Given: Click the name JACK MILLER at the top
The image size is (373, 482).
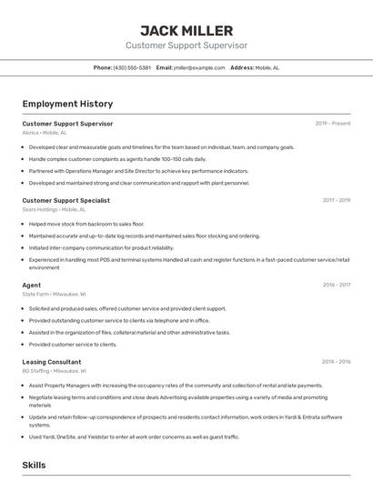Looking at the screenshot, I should [x=186, y=30].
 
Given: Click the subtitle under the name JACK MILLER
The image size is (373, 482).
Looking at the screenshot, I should [x=186, y=45].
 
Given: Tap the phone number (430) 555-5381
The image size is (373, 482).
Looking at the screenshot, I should [x=133, y=67].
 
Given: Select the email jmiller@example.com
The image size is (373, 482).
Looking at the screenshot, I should [x=199, y=67].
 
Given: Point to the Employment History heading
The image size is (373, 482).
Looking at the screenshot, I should [x=67, y=104].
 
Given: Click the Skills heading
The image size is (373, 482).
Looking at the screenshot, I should [x=34, y=465].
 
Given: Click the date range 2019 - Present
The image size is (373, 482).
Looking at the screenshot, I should [x=333, y=123].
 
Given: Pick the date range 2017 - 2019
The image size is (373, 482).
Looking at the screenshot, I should [x=336, y=200].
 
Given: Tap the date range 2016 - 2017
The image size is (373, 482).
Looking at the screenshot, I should [x=336, y=285].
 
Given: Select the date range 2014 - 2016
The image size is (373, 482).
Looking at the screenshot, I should [x=336, y=362].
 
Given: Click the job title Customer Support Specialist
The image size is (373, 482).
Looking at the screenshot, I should [x=66, y=200].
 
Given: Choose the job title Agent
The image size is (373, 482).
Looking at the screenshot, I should [x=32, y=285].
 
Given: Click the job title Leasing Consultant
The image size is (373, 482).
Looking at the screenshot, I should [x=51, y=362].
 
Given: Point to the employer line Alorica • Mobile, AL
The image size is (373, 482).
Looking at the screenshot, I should [x=45, y=132].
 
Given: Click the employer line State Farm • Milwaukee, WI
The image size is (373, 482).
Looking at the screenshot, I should [x=54, y=294].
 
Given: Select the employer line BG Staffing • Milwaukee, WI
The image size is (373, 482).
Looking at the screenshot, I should [x=54, y=371].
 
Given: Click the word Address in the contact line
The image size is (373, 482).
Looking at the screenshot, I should [x=241, y=67].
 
